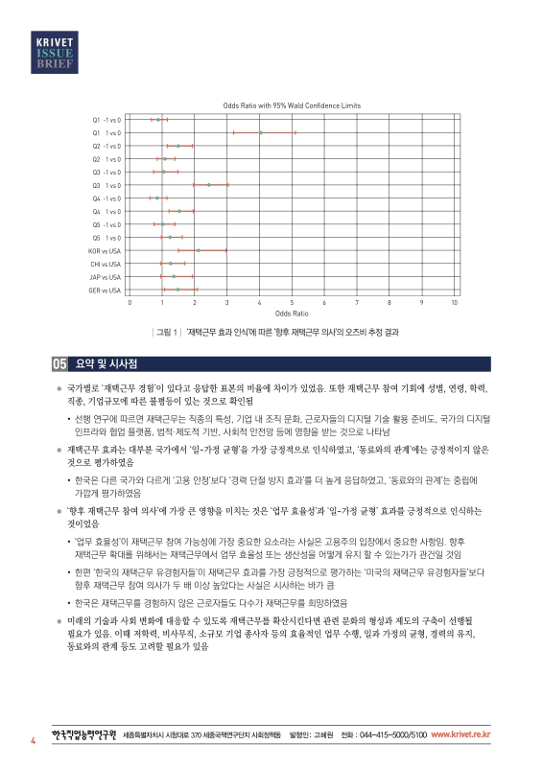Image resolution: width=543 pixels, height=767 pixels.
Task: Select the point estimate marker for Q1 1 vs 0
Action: [261, 132]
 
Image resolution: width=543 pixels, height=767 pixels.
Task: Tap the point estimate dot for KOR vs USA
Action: [199, 250]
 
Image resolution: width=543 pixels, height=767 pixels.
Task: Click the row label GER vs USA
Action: [105, 290]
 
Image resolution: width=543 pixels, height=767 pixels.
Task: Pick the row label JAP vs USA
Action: [106, 276]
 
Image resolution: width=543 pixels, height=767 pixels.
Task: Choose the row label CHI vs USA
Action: [106, 263]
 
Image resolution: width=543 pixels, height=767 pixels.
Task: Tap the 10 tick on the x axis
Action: [454, 303]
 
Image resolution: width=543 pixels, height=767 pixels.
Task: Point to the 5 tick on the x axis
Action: [292, 303]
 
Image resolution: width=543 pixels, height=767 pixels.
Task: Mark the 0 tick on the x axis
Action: [130, 303]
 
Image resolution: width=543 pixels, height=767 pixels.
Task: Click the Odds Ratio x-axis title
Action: [292, 314]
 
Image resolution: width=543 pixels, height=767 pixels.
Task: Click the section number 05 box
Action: [59, 364]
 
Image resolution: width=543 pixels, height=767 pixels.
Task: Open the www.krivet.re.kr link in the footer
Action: [461, 734]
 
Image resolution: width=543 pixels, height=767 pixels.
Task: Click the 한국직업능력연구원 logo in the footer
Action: [82, 734]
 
